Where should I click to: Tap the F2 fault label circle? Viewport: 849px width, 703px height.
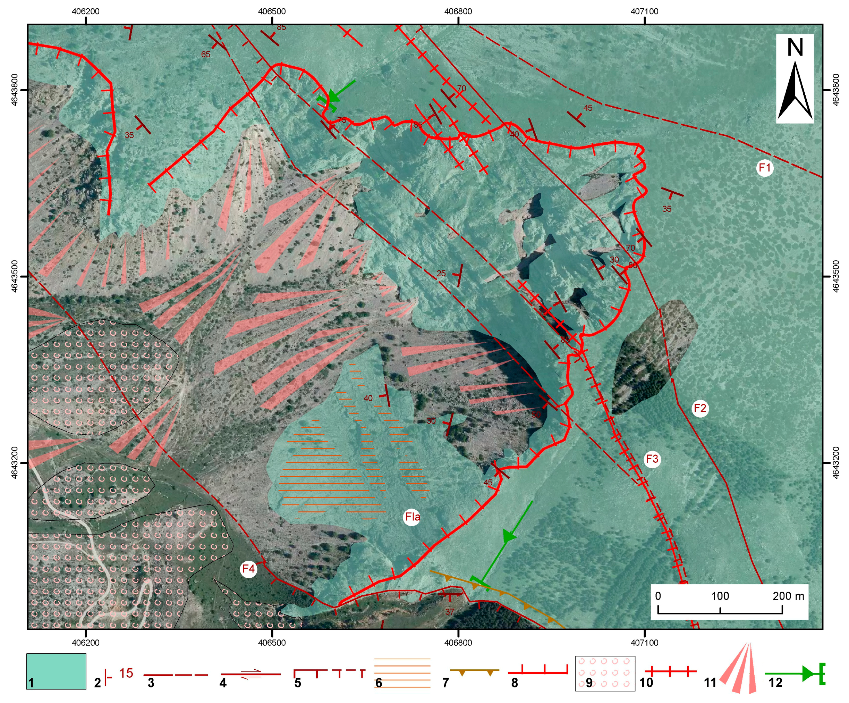click(x=700, y=408)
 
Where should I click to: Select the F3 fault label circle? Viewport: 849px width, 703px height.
click(x=652, y=459)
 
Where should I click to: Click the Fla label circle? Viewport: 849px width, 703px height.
click(x=412, y=517)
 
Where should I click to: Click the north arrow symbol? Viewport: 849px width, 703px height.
click(x=795, y=79)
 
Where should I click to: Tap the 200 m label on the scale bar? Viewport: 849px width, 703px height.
click(x=788, y=596)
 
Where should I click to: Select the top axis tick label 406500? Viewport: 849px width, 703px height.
click(x=272, y=11)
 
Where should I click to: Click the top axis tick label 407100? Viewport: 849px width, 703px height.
click(x=644, y=11)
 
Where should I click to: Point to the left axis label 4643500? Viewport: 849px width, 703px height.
click(x=15, y=276)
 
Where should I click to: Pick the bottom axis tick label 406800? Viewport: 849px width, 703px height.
click(x=458, y=643)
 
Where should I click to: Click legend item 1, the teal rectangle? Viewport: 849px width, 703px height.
click(x=56, y=671)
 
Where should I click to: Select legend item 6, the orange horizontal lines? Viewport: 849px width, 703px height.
click(x=402, y=673)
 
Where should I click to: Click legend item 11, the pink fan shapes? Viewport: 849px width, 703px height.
click(x=739, y=668)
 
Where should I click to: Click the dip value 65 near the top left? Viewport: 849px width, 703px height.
click(x=205, y=54)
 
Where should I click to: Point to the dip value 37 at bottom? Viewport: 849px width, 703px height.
click(x=450, y=612)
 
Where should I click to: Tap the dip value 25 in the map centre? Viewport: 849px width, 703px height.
click(x=441, y=274)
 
